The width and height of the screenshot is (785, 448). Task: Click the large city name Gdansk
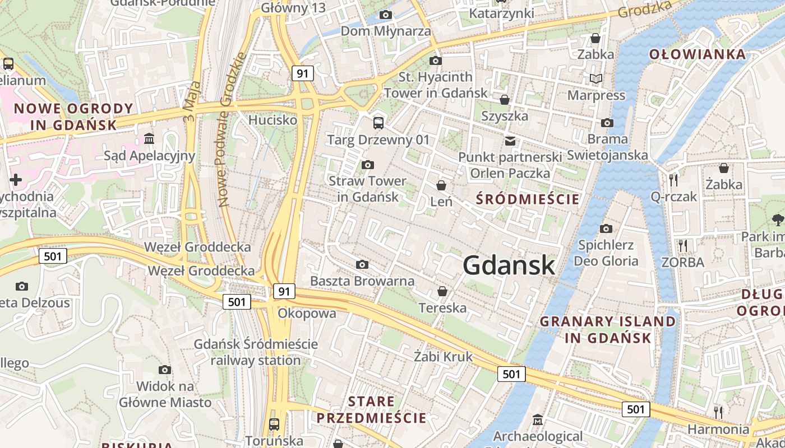[x=509, y=265]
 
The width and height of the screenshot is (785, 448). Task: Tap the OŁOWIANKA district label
[x=698, y=54]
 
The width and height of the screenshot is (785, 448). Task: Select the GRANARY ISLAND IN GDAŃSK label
[x=608, y=329]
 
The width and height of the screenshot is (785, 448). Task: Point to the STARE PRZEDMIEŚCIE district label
[x=371, y=410]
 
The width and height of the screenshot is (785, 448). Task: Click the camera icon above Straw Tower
[x=368, y=165]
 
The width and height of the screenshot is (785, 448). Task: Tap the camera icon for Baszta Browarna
[x=362, y=264]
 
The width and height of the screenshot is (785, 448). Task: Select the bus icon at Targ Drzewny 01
[x=378, y=123]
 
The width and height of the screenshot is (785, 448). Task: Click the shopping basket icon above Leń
[x=441, y=185]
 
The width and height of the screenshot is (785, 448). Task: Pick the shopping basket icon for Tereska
[x=442, y=291]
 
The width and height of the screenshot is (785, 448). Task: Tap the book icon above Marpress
[x=595, y=79]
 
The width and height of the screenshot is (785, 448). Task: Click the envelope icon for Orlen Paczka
[x=510, y=141]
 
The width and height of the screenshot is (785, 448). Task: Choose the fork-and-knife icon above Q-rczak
[x=673, y=180]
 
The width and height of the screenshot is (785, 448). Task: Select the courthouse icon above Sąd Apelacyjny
[x=149, y=138]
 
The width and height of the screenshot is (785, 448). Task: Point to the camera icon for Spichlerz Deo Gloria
[x=606, y=228]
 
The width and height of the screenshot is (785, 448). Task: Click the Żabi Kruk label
[x=443, y=357]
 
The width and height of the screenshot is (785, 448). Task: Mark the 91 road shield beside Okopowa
[x=284, y=291]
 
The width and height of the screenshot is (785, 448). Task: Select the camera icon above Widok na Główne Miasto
[x=164, y=370]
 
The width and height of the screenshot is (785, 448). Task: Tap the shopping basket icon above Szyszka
[x=505, y=100]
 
